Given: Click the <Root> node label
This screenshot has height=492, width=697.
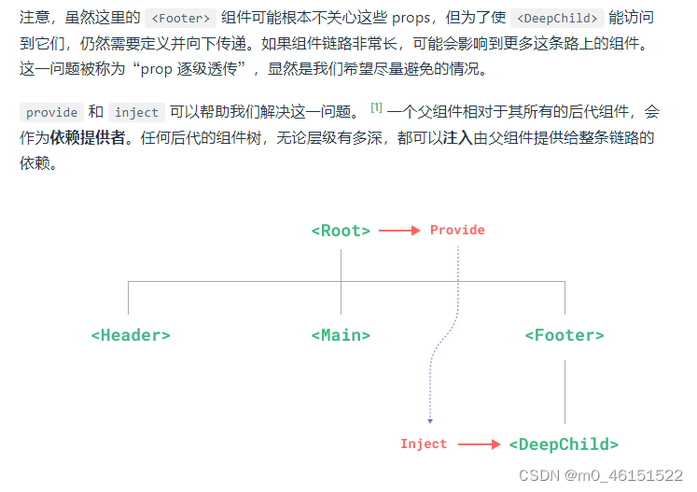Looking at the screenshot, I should pos(341,231).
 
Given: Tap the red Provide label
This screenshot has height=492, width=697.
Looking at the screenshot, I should pos(457,230).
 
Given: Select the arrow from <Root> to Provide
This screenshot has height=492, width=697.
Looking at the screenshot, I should pos(399,231).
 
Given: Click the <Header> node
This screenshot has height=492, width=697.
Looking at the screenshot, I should pos(131,335).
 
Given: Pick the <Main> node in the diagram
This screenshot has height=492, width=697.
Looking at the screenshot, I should pos(341,335).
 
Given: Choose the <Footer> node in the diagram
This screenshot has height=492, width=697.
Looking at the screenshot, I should pos(565,335).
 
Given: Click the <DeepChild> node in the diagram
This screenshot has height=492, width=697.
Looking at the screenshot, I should pos(564,444).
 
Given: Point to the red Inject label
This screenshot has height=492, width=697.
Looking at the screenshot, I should pos(424,444).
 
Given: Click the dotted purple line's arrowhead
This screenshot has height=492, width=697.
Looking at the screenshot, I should pos(430,421).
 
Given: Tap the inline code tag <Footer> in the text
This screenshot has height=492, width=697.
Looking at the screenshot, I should pos(181,18).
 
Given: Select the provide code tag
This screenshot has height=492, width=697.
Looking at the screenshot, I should pos(52,113).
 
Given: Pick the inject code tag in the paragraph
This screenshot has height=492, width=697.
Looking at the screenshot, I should pos(137,113).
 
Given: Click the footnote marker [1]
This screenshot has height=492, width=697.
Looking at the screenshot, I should pos(376,108).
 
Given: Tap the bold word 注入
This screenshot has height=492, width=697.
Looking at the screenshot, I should pos(457,138).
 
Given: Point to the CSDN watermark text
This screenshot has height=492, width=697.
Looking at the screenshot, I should pos(601,474).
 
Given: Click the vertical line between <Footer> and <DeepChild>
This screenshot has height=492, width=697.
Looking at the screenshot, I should pos(565,392).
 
